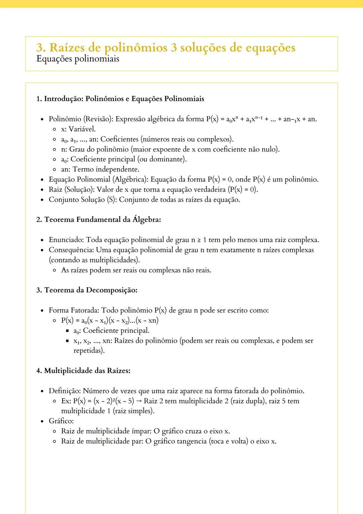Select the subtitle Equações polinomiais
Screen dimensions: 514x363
[78, 59]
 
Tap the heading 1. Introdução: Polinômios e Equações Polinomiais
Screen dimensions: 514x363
[120, 99]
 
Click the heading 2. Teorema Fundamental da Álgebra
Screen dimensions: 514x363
[98, 220]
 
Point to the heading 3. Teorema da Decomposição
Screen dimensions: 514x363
[87, 290]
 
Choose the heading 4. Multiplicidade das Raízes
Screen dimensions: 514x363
[83, 371]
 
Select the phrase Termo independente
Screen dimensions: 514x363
[106, 169]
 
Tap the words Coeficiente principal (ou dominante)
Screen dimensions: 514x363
[128, 159]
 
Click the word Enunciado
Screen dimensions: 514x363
[66, 240]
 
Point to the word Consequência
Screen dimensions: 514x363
[71, 250]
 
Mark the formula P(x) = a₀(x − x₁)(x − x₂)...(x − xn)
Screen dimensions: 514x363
[110, 321]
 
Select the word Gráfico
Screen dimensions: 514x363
[61, 421]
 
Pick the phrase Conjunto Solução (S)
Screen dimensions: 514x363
[82, 199]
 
